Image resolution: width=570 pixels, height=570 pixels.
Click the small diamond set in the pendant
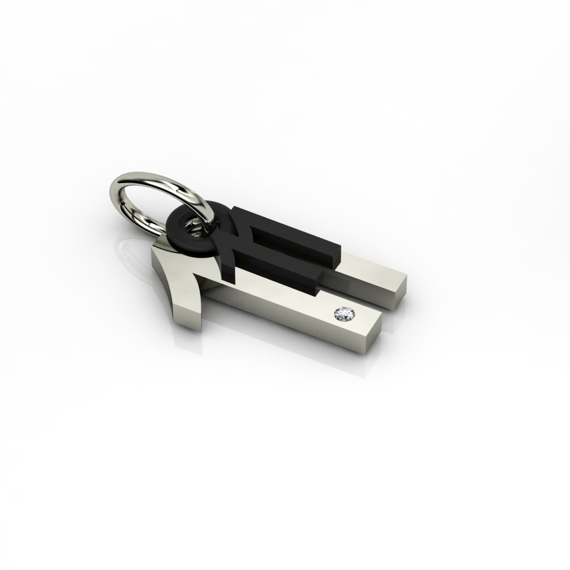[341, 315]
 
